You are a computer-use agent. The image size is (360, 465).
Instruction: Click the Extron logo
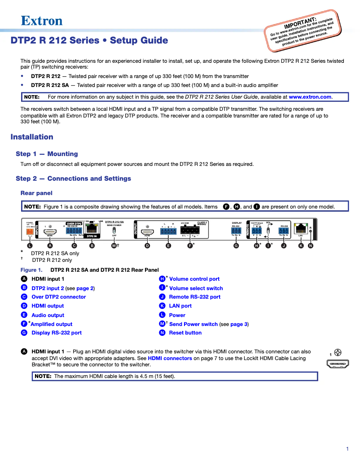point(42,20)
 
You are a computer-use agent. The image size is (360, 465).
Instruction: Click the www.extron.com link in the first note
point(310,97)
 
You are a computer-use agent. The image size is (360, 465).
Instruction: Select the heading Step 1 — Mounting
point(47,154)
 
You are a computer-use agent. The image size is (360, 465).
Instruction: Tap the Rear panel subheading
point(36,193)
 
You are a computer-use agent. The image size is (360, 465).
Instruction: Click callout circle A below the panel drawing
point(50,246)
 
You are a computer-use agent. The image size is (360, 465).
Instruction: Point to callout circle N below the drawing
point(311,246)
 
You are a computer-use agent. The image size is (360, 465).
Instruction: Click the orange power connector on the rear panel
point(30,232)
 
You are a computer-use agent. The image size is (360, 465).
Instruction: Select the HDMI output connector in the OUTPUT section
point(147,229)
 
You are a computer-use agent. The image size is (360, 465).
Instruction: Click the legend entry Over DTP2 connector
point(58,297)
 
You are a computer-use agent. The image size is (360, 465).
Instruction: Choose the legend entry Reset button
point(185,333)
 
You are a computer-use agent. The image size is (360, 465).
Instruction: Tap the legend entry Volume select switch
point(196,288)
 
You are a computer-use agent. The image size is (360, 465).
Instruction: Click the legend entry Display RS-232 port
point(57,333)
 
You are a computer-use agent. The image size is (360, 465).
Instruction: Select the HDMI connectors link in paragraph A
point(170,358)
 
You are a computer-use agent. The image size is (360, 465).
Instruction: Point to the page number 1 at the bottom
point(347,449)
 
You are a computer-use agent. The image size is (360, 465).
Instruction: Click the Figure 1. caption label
point(31,270)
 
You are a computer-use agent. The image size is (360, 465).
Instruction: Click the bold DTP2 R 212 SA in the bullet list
point(49,85)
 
